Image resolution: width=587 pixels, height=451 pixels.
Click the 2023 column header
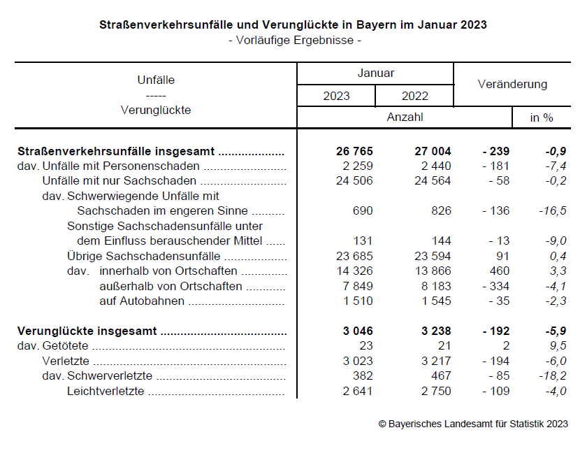point(336,96)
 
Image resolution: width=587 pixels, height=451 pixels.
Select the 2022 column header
point(414,96)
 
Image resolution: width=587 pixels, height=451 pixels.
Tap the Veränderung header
point(512,84)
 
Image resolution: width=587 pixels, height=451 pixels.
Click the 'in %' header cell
point(542,117)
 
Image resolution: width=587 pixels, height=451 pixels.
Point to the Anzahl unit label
point(405,117)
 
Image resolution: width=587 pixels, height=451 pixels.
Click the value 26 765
point(354,151)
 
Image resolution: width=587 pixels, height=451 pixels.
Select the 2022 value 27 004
point(433,151)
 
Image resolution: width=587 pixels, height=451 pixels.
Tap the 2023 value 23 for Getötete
point(366,345)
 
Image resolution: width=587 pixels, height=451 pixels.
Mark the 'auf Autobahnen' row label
point(142,301)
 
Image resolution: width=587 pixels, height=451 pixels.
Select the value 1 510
point(357,301)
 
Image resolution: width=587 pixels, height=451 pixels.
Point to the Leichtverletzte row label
point(106,392)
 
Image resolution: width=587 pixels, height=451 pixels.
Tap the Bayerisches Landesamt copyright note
point(473,424)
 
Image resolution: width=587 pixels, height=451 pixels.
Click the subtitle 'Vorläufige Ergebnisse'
point(294,40)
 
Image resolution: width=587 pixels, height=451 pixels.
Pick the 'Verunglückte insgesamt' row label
point(87,331)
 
